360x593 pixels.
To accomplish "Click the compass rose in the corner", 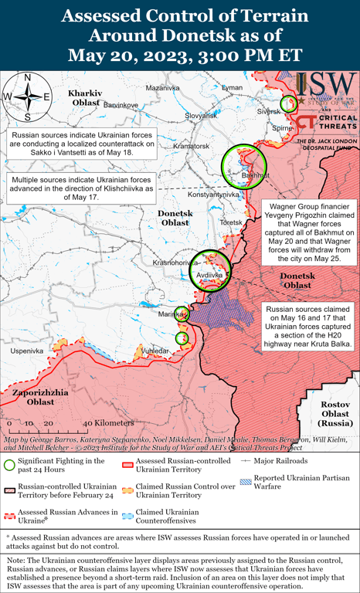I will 27,97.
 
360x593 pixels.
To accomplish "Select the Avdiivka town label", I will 210,274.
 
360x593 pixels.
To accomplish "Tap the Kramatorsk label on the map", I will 192,146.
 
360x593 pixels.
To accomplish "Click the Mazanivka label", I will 162,89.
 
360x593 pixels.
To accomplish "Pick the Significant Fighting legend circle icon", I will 9,464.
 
